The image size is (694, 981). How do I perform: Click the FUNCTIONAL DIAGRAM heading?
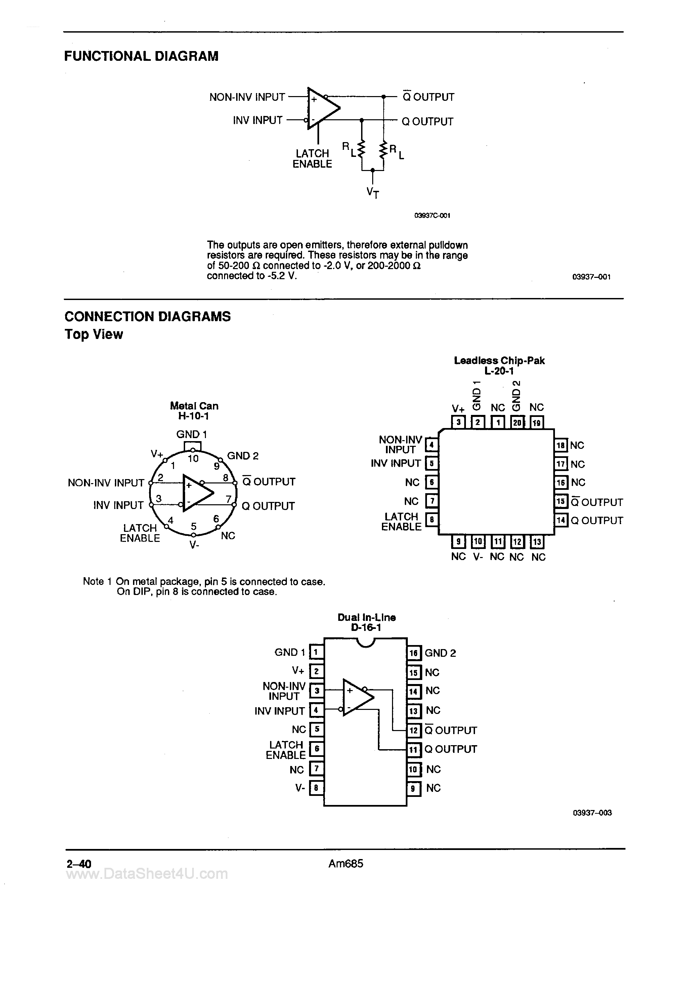pos(141,56)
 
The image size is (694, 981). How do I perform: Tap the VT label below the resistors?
pos(373,193)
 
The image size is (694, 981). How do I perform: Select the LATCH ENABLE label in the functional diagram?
pos(312,159)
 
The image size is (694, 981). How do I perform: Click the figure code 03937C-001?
pos(432,216)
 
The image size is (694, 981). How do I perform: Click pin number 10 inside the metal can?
pos(193,459)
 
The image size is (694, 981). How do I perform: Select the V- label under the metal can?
pos(194,545)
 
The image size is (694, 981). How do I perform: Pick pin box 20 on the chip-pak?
pos(517,423)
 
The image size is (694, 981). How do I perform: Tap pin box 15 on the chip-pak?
pos(561,501)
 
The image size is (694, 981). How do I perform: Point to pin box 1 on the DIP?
pos(316,652)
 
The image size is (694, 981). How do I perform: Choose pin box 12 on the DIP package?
pos(413,730)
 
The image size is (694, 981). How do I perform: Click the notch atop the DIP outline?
pos(365,642)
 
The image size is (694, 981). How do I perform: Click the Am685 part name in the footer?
pos(346,863)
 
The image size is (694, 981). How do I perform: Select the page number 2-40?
pos(79,864)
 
